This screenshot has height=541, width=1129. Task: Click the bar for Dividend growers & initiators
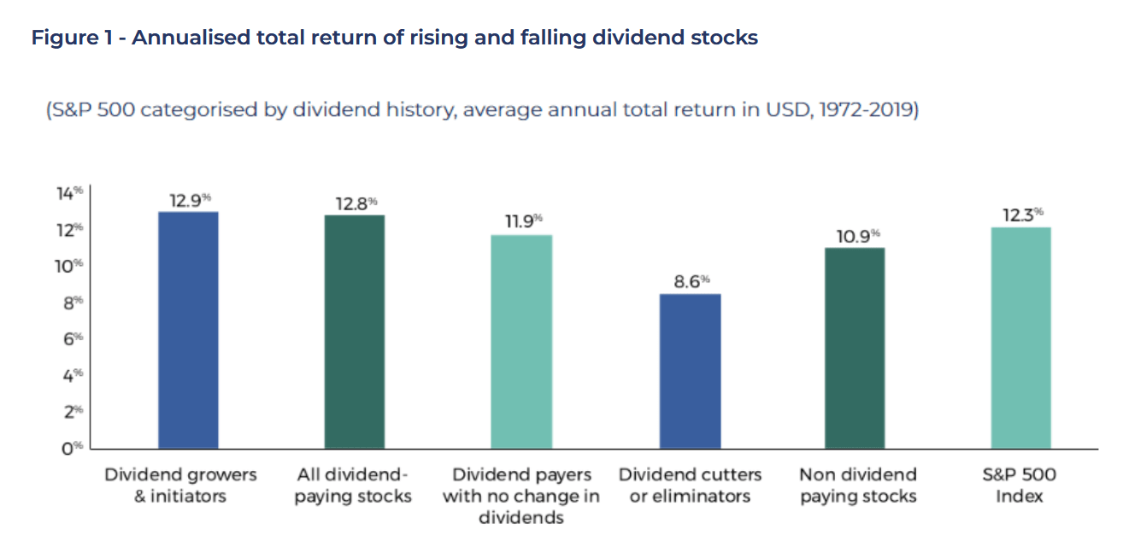[188, 330]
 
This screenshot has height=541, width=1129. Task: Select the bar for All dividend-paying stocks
[355, 332]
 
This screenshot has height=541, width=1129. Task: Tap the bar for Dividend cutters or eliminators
[691, 371]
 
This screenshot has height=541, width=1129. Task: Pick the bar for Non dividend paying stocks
[855, 348]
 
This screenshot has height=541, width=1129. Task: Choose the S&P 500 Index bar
[1020, 338]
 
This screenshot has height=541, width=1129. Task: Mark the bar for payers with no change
[521, 341]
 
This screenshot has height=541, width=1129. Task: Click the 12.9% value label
[188, 202]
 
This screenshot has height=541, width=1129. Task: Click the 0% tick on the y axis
[72, 448]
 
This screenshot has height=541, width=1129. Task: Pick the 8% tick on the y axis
[72, 303]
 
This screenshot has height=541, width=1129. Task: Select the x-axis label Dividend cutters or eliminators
[690, 485]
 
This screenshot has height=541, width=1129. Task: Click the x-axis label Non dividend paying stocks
[857, 485]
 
